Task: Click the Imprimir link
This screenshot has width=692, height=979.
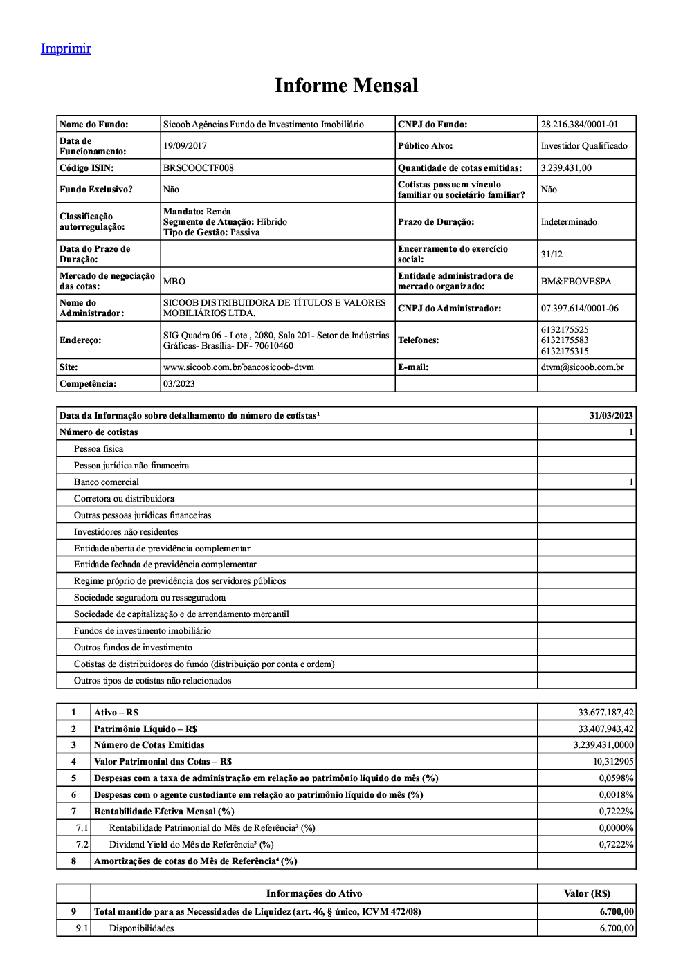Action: click(x=66, y=48)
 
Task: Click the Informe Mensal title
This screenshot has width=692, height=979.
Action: click(x=346, y=85)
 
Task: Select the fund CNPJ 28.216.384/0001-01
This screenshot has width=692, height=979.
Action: click(x=579, y=125)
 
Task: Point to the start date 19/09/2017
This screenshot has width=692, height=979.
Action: click(x=185, y=146)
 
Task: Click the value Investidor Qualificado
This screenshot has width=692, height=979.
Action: click(x=584, y=146)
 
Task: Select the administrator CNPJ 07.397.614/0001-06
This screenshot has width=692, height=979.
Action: click(x=579, y=309)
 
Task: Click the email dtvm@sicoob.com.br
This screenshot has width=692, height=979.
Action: click(x=582, y=367)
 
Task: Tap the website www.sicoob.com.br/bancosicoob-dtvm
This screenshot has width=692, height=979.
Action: click(x=238, y=367)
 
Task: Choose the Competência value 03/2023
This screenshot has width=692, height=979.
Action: click(x=179, y=384)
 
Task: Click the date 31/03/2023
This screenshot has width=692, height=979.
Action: click(x=611, y=416)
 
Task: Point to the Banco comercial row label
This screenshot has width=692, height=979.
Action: click(x=107, y=482)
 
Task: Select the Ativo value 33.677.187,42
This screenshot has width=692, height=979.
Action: click(x=605, y=713)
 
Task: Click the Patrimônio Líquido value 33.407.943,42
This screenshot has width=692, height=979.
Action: click(x=605, y=729)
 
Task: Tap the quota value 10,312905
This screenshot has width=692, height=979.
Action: click(x=612, y=762)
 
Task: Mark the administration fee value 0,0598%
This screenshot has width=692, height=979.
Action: click(x=616, y=778)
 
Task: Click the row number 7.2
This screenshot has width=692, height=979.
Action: click(x=82, y=845)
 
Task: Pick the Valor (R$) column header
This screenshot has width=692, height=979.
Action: click(x=587, y=894)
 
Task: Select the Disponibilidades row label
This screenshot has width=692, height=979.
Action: click(x=141, y=928)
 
